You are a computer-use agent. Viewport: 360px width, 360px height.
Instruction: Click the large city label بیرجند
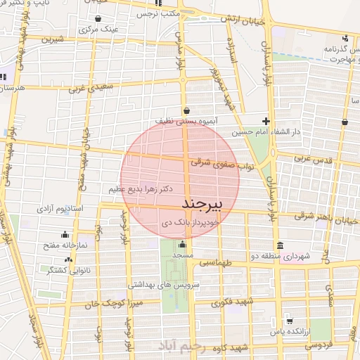click(x=202, y=204)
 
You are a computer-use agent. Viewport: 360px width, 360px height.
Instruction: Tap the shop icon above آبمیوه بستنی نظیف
click(x=186, y=110)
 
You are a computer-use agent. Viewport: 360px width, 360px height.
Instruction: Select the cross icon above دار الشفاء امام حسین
click(x=265, y=120)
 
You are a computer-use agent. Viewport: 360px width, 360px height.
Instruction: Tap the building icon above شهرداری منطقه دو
click(x=281, y=245)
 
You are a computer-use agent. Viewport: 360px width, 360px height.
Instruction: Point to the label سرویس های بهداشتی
click(x=159, y=284)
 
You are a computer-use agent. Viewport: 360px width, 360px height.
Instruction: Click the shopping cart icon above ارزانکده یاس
click(x=289, y=321)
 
